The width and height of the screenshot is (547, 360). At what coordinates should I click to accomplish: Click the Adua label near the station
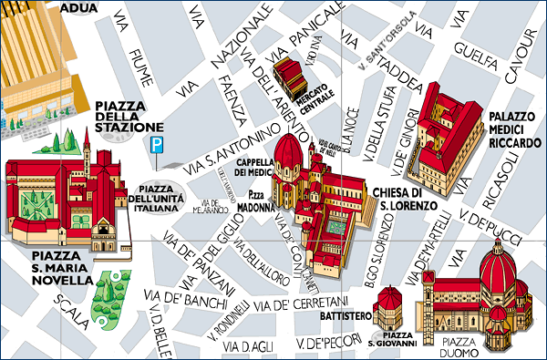click(x=79, y=8)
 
